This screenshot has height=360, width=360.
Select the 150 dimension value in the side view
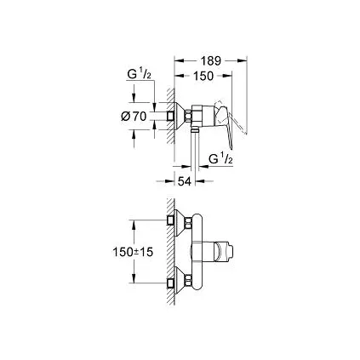tap(203, 77)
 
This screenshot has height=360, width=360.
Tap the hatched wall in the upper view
tap(172, 111)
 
